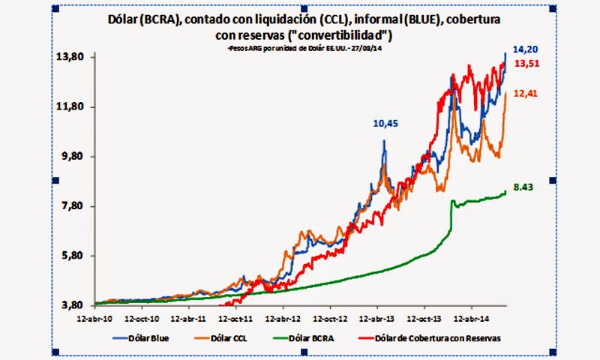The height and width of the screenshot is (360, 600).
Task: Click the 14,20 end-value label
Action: tap(527, 46)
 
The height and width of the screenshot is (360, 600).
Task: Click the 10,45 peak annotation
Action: tap(384, 124)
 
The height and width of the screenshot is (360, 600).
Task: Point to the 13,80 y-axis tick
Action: tap(74, 58)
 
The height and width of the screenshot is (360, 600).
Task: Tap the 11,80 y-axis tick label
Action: tap(74, 107)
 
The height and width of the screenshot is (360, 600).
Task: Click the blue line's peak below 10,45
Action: tap(384, 140)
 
